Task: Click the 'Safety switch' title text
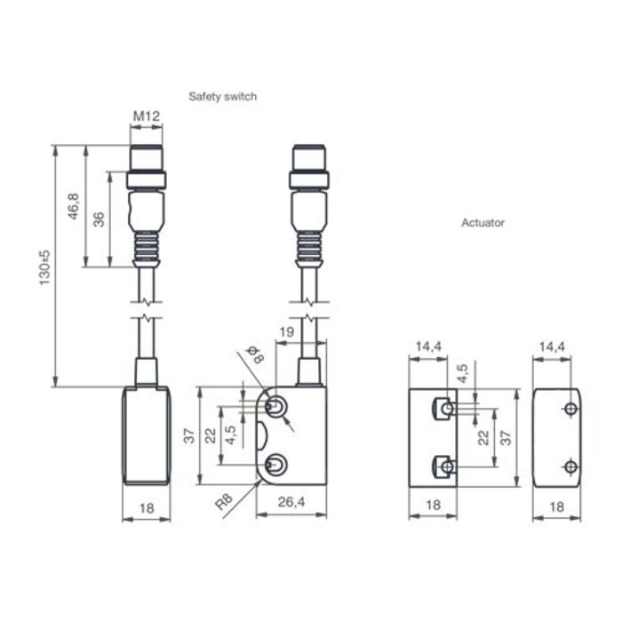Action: (x=222, y=96)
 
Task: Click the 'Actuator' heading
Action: (x=482, y=223)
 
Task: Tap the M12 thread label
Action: (x=146, y=116)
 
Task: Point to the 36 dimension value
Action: (x=100, y=219)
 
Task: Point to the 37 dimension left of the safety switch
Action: (x=189, y=435)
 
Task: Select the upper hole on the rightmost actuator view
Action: (x=569, y=409)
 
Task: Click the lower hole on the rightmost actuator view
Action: (x=569, y=466)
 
